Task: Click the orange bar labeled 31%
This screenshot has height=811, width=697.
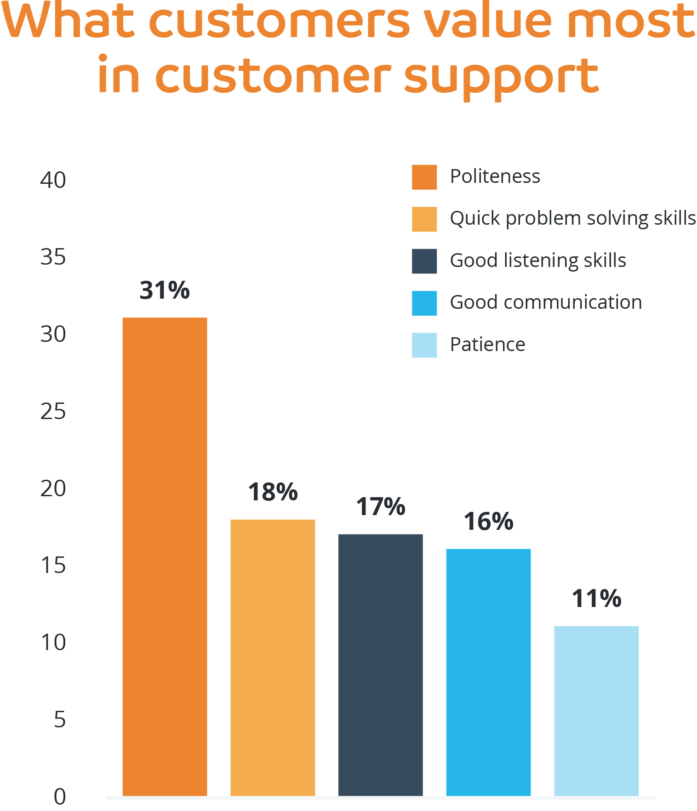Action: point(165,556)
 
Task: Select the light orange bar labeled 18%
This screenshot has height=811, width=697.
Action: point(273,657)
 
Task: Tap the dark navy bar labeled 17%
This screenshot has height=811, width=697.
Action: point(380,664)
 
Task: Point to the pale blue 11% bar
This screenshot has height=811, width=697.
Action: point(596,710)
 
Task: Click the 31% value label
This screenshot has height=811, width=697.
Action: point(165,290)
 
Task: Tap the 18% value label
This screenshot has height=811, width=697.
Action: point(273,492)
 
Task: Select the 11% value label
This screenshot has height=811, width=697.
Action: point(596,599)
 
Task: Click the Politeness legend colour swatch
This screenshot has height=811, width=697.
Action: point(424,177)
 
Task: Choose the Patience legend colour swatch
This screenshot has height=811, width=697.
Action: point(424,345)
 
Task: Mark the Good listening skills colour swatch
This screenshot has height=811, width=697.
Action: point(424,261)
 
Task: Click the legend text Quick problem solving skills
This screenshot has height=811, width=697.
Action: point(572,219)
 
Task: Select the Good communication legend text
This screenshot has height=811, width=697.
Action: point(546,302)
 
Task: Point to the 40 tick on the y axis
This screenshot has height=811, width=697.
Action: point(53,180)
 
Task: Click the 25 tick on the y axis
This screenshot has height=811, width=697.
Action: point(53,412)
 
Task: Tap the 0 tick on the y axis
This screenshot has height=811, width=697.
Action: point(60,797)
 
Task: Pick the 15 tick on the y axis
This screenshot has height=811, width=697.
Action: point(53,566)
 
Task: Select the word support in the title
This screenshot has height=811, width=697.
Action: point(501,77)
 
